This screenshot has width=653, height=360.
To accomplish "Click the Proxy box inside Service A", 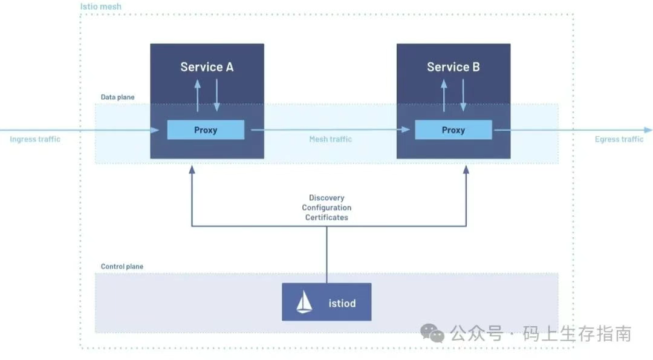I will pyautogui.click(x=206, y=130).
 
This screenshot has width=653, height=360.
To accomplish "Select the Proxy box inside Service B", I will pyautogui.click(x=453, y=130).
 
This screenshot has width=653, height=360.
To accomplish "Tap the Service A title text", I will pyautogui.click(x=207, y=67).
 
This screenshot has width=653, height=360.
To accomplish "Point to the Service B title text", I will pyautogui.click(x=453, y=67).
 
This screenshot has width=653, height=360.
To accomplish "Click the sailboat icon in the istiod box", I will pyautogui.click(x=304, y=303).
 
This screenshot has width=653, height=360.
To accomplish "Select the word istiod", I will pyautogui.click(x=342, y=303).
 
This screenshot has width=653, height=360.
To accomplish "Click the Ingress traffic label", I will pyautogui.click(x=35, y=139).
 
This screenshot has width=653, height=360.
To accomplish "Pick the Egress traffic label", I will pyautogui.click(x=619, y=139).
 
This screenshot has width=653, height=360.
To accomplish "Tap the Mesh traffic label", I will pyautogui.click(x=330, y=139).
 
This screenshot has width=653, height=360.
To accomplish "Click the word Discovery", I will pyautogui.click(x=326, y=198).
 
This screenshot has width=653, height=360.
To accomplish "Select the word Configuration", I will pyautogui.click(x=326, y=208).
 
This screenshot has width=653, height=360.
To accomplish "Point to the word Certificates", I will pyautogui.click(x=326, y=217).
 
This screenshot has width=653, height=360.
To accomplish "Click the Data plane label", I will pyautogui.click(x=118, y=97).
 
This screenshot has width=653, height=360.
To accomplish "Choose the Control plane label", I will pyautogui.click(x=122, y=266).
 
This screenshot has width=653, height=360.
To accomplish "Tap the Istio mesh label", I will pyautogui.click(x=101, y=7).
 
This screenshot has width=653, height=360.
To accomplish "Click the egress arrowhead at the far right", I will pyautogui.click(x=648, y=130).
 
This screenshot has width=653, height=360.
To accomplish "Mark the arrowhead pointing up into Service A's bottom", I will pyautogui.click(x=192, y=170).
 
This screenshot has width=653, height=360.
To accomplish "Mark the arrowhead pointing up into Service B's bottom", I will pyautogui.click(x=466, y=170).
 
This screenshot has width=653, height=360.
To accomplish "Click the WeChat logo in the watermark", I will pyautogui.click(x=432, y=332).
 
